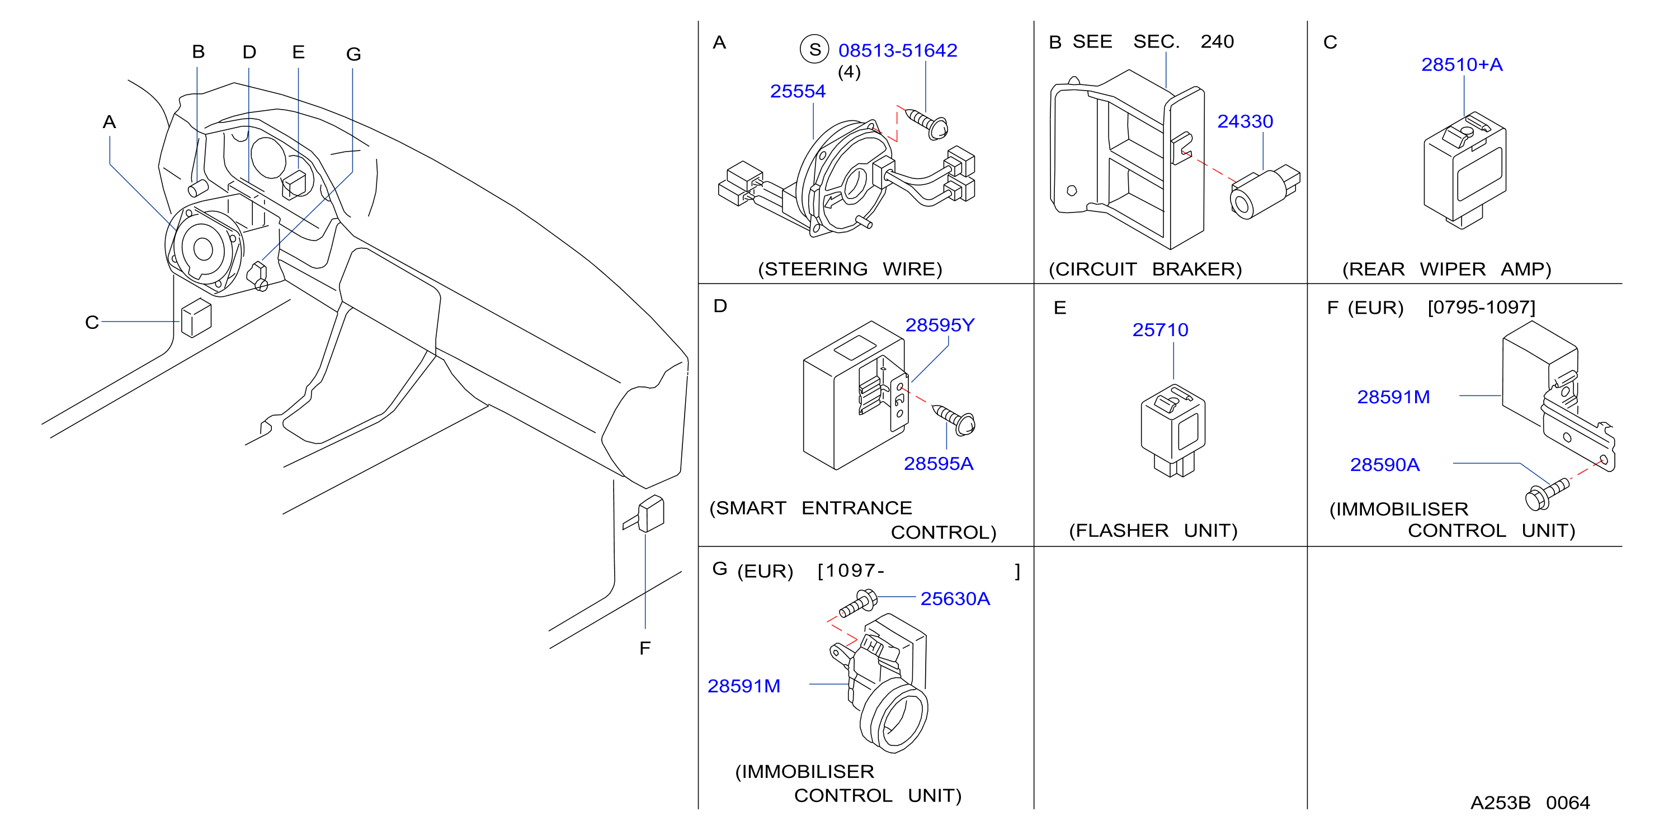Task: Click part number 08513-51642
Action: pyautogui.click(x=897, y=50)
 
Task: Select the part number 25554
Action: pyautogui.click(x=798, y=91)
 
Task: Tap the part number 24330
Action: pyautogui.click(x=1245, y=121)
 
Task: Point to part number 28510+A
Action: pyautogui.click(x=1462, y=64)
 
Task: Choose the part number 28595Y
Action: pyautogui.click(x=939, y=325)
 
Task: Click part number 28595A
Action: pyautogui.click(x=938, y=464)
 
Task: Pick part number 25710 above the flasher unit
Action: pyautogui.click(x=1160, y=330)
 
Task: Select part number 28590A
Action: pyautogui.click(x=1385, y=465)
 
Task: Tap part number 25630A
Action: pyautogui.click(x=955, y=599)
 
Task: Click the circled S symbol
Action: pyautogui.click(x=814, y=49)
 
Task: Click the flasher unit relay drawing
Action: pyautogui.click(x=1173, y=430)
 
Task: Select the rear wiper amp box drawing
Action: pyautogui.click(x=1464, y=171)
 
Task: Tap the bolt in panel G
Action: pyautogui.click(x=858, y=602)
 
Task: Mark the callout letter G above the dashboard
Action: pyautogui.click(x=353, y=54)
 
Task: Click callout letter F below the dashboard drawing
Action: pyautogui.click(x=645, y=648)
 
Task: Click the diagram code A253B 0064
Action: pyautogui.click(x=1530, y=803)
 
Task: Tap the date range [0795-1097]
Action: pyautogui.click(x=1481, y=308)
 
